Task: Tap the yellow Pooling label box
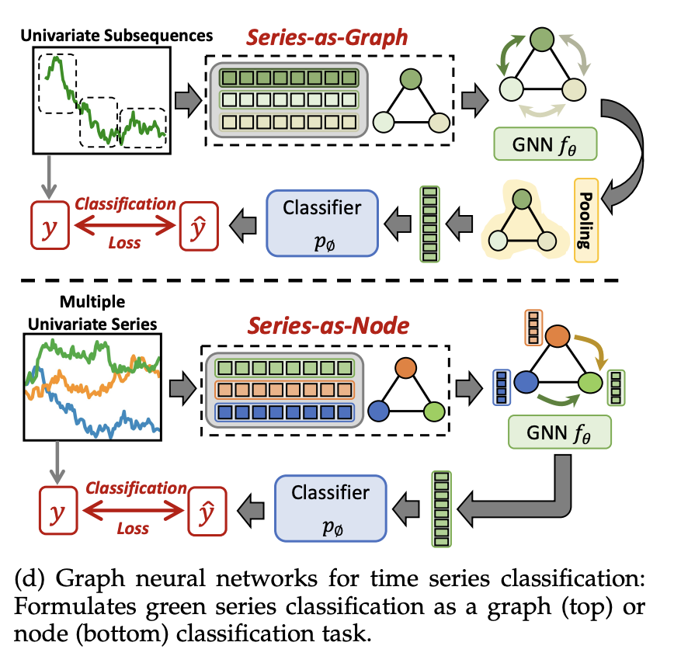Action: pyautogui.click(x=586, y=219)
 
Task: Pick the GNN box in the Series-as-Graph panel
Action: pyautogui.click(x=545, y=144)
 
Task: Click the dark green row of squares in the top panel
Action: pyautogui.click(x=288, y=78)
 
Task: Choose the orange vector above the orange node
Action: pyautogui.click(x=533, y=328)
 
